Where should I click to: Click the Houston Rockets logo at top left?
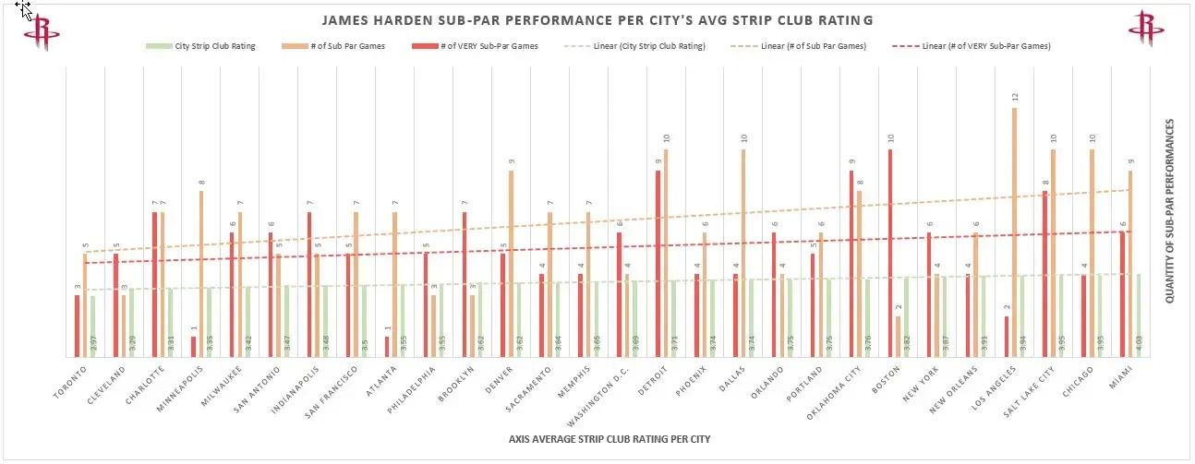tap(42, 30)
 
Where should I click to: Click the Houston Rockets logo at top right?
tap(1147, 29)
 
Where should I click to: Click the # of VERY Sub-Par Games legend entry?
tap(494, 45)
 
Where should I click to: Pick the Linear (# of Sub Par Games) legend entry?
tap(813, 45)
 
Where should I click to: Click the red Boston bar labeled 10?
tap(890, 254)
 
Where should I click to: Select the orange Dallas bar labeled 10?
tap(743, 254)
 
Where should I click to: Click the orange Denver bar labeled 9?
tap(511, 263)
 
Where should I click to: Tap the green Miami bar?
tap(1139, 315)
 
